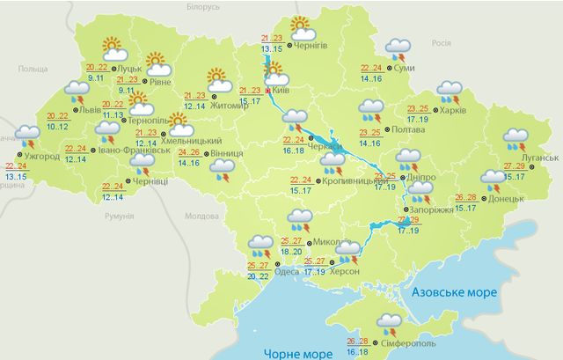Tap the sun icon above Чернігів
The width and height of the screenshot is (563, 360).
pyautogui.click(x=301, y=26)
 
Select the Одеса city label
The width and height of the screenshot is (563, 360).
pyautogui.click(x=286, y=272)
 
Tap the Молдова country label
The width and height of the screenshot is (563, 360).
pyautogui.click(x=201, y=216)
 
